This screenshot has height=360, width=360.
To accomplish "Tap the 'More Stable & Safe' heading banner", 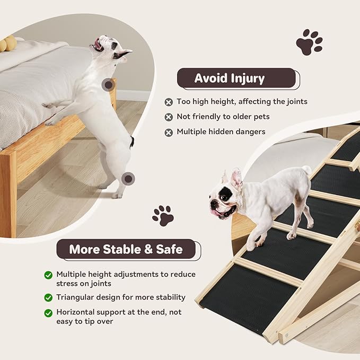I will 126,249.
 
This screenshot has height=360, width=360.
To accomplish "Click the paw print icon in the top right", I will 309,42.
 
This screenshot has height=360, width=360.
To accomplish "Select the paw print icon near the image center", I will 163,215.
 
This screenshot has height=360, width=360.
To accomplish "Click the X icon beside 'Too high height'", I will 169,102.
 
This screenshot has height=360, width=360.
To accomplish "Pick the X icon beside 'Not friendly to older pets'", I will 169,117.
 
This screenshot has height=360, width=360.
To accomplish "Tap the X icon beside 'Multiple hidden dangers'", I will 169,132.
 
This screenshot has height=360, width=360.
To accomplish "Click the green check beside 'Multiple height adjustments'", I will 48,275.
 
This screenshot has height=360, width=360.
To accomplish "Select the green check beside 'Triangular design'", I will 48,297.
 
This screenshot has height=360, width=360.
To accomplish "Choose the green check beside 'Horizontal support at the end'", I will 48,313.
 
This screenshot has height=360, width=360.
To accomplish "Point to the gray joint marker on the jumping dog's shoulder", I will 108,84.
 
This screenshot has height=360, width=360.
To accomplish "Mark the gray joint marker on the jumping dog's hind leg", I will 127,179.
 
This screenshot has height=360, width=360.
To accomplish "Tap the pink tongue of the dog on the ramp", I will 218,213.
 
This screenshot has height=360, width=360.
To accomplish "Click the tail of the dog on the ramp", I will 306,170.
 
